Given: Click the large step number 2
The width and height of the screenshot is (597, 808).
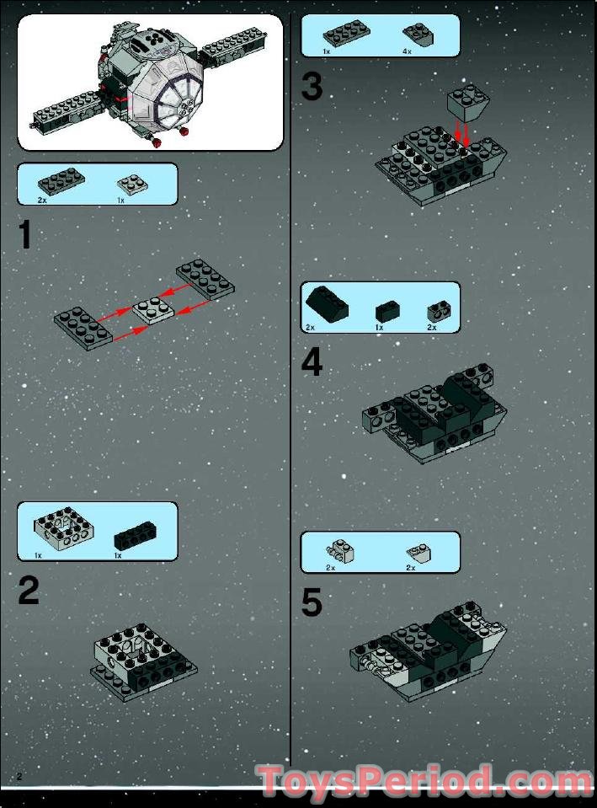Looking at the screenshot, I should [x=28, y=591].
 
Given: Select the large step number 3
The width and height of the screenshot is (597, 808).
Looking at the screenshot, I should [x=312, y=86].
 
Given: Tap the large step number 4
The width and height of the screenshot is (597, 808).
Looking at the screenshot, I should [x=312, y=361].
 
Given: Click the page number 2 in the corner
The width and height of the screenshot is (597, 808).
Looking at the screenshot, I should [x=18, y=773].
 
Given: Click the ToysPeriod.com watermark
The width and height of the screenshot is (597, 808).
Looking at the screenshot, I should [x=425, y=781].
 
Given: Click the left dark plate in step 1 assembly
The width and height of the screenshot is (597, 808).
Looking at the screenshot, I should [x=83, y=326].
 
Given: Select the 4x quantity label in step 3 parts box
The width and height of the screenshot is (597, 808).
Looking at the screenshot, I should [x=407, y=51].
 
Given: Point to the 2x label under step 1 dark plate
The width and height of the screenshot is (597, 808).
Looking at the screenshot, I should [x=42, y=201].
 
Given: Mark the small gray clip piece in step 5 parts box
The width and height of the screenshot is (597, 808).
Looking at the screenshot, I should [x=342, y=551].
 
